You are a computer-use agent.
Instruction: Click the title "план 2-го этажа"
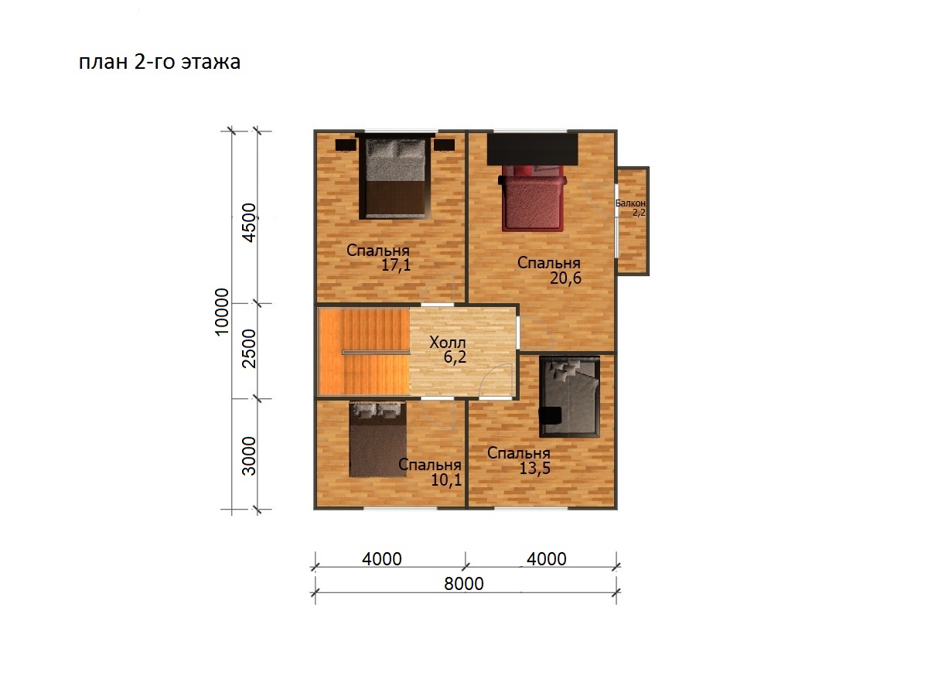click(159, 62)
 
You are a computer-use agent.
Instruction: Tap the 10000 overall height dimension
click(222, 312)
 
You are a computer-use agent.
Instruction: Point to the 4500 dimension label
click(250, 223)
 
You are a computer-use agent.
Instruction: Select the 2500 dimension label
click(250, 349)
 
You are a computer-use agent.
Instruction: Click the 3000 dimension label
click(250, 456)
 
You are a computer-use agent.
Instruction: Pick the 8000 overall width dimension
click(464, 584)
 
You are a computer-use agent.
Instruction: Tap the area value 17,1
click(396, 265)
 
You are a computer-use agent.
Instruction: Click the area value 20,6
click(565, 278)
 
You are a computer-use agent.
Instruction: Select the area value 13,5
click(535, 468)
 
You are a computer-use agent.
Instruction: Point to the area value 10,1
click(446, 480)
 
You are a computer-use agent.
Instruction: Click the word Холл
click(447, 343)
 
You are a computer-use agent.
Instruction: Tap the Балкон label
click(630, 203)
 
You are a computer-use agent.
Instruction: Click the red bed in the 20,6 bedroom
click(534, 198)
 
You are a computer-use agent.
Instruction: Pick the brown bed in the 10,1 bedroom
click(378, 439)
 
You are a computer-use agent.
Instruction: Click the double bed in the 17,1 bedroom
click(395, 176)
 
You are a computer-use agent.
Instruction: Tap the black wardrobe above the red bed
click(533, 149)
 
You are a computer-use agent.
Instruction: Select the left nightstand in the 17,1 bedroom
click(346, 145)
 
